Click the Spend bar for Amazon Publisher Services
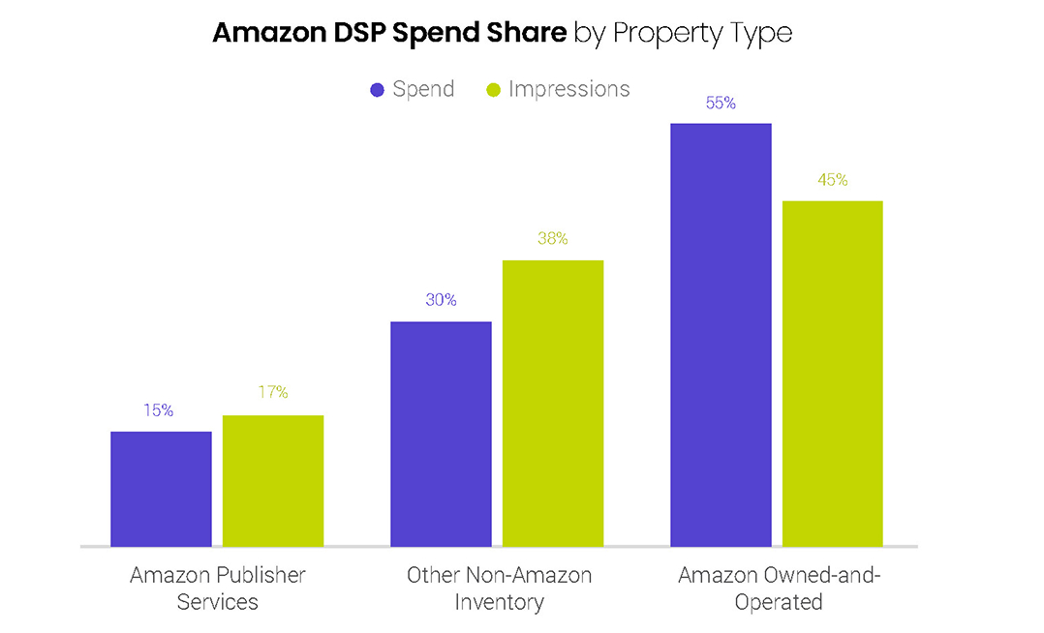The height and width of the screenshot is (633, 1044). pyautogui.click(x=161, y=489)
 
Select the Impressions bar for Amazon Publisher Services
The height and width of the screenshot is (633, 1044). pyautogui.click(x=273, y=481)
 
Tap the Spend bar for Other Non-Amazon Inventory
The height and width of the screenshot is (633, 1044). pyautogui.click(x=441, y=434)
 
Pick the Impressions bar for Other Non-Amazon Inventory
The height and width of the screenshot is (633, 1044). pyautogui.click(x=553, y=403)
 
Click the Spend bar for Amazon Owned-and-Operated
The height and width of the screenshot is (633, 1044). pyautogui.click(x=721, y=335)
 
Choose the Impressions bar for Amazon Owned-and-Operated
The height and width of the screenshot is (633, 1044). pyautogui.click(x=833, y=374)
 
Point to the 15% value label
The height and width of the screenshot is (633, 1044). pyautogui.click(x=159, y=410)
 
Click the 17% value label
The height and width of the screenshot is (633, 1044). pyautogui.click(x=273, y=392)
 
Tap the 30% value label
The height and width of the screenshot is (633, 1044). pyautogui.click(x=441, y=300)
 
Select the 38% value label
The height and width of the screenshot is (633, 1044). pyautogui.click(x=553, y=238)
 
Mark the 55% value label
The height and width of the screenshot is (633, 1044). pyautogui.click(x=721, y=103)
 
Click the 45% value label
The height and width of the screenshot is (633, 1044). pyautogui.click(x=833, y=180)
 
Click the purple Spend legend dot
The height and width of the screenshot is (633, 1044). pyautogui.click(x=378, y=90)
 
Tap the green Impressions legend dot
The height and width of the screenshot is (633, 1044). pyautogui.click(x=493, y=90)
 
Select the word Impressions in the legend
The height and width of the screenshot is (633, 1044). pyautogui.click(x=569, y=89)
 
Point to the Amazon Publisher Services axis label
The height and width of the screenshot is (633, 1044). pyautogui.click(x=218, y=588)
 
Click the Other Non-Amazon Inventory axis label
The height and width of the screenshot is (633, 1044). pyautogui.click(x=499, y=588)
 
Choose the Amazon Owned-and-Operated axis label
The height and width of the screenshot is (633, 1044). pyautogui.click(x=779, y=588)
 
